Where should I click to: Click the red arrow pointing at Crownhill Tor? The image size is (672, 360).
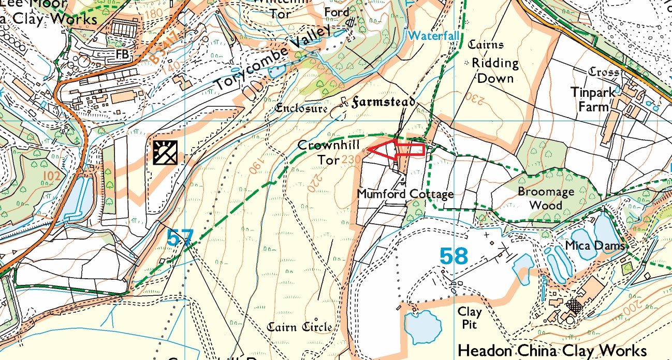pos(399,149)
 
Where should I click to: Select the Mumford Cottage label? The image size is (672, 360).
pos(405,194)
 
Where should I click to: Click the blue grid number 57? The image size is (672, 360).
pos(180,238)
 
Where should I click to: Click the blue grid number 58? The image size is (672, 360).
pos(454,256)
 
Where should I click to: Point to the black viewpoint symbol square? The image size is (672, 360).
pos(165,152)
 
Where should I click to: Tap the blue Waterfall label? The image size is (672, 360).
pos(434,36)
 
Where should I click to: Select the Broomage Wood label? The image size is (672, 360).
pos(546,198)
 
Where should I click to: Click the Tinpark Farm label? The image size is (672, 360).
pos(593,99)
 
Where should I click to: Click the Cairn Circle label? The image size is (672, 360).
pos(299,327)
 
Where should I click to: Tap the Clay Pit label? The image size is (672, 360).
pos(470,318)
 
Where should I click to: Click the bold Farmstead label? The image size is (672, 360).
pos(383,102)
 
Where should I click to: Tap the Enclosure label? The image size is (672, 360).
pos(301,109)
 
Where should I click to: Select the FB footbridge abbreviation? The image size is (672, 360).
pos(123,54)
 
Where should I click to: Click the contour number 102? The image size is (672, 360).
pos(52,176)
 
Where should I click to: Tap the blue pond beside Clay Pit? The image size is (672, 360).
pos(423,327)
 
